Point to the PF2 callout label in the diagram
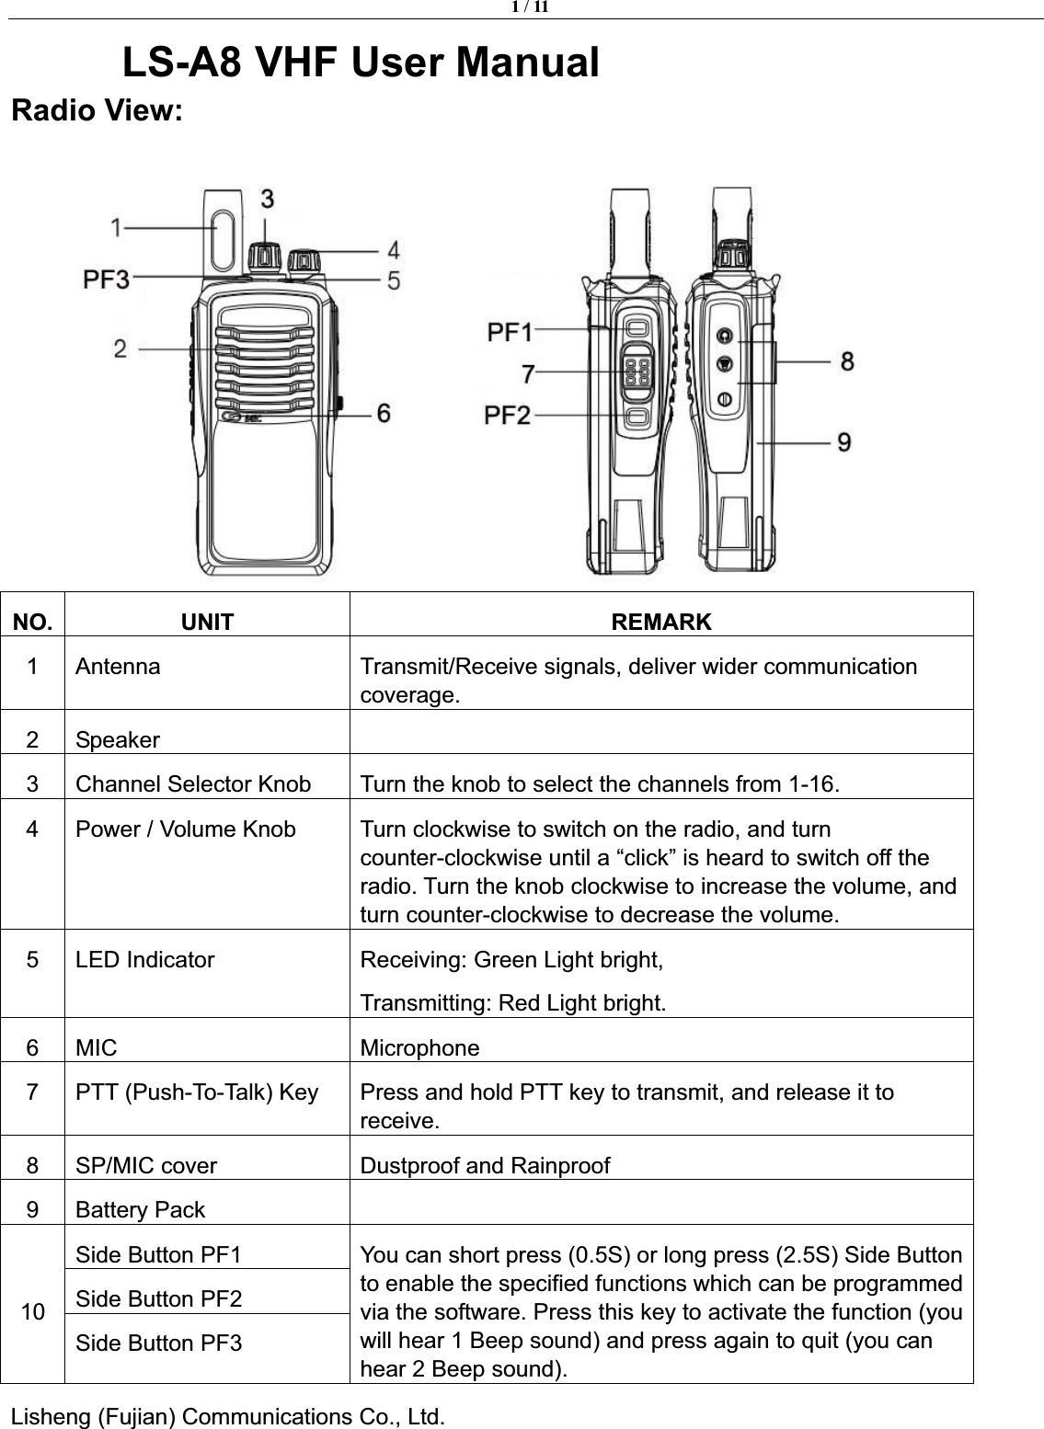click(x=510, y=416)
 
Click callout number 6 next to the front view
click(x=382, y=415)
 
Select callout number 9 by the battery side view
click(x=843, y=442)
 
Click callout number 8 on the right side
click(x=845, y=361)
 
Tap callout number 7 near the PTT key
click(x=528, y=373)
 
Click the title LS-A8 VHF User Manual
click(x=361, y=63)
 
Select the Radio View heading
click(x=97, y=111)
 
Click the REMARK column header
click(x=661, y=622)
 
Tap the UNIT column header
click(x=207, y=623)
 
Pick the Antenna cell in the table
click(x=118, y=666)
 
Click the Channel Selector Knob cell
click(x=193, y=784)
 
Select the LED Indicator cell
click(x=145, y=960)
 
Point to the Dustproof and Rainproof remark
click(x=485, y=1166)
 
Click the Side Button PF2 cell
click(x=159, y=1298)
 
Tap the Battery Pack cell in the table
click(x=141, y=1210)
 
